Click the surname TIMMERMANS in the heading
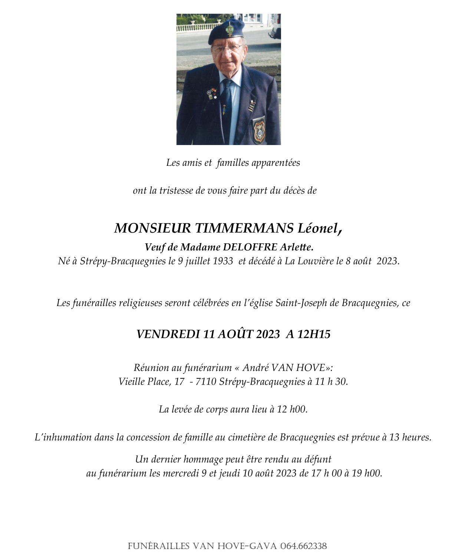pyautogui.click(x=244, y=228)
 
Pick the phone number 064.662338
pyautogui.click(x=304, y=546)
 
